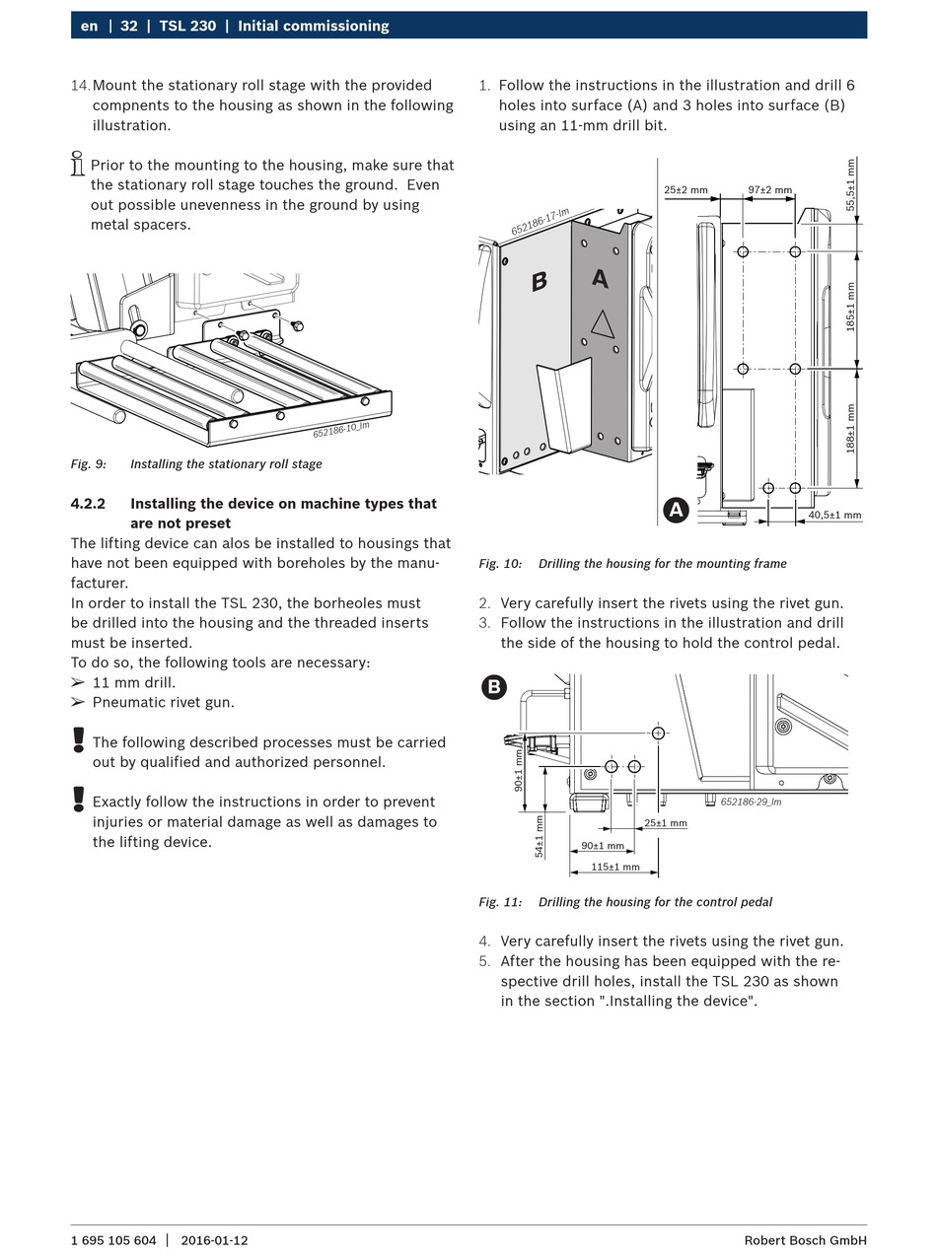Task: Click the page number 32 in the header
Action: tap(129, 26)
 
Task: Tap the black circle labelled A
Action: tap(676, 510)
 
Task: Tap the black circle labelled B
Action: tap(494, 687)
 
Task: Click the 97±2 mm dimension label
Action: tap(769, 189)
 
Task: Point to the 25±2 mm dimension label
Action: tap(685, 189)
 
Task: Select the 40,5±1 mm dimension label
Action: tap(834, 515)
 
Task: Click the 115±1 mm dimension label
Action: tap(614, 868)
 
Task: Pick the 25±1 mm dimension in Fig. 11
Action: tap(666, 823)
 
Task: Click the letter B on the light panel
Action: tap(539, 282)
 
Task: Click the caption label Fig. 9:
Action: tap(88, 464)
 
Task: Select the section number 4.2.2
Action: tap(88, 504)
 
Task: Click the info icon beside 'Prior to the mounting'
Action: tap(77, 164)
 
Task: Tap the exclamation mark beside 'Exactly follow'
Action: tap(79, 800)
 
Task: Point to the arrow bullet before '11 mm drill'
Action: tap(78, 682)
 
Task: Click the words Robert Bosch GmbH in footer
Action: tap(805, 1240)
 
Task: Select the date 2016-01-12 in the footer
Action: tap(214, 1240)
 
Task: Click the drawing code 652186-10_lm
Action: tap(341, 430)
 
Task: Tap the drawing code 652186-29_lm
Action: tap(751, 802)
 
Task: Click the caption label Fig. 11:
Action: tap(500, 902)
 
